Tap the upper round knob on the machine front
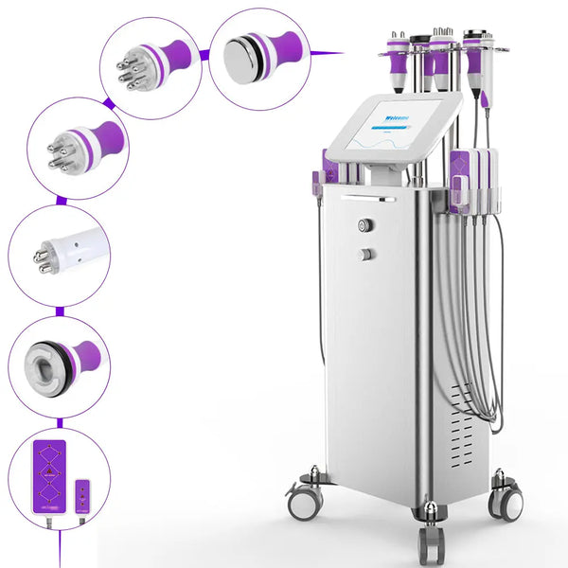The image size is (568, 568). (364, 225)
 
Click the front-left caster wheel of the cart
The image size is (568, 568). (303, 501)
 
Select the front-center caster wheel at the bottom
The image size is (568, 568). (431, 544)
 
